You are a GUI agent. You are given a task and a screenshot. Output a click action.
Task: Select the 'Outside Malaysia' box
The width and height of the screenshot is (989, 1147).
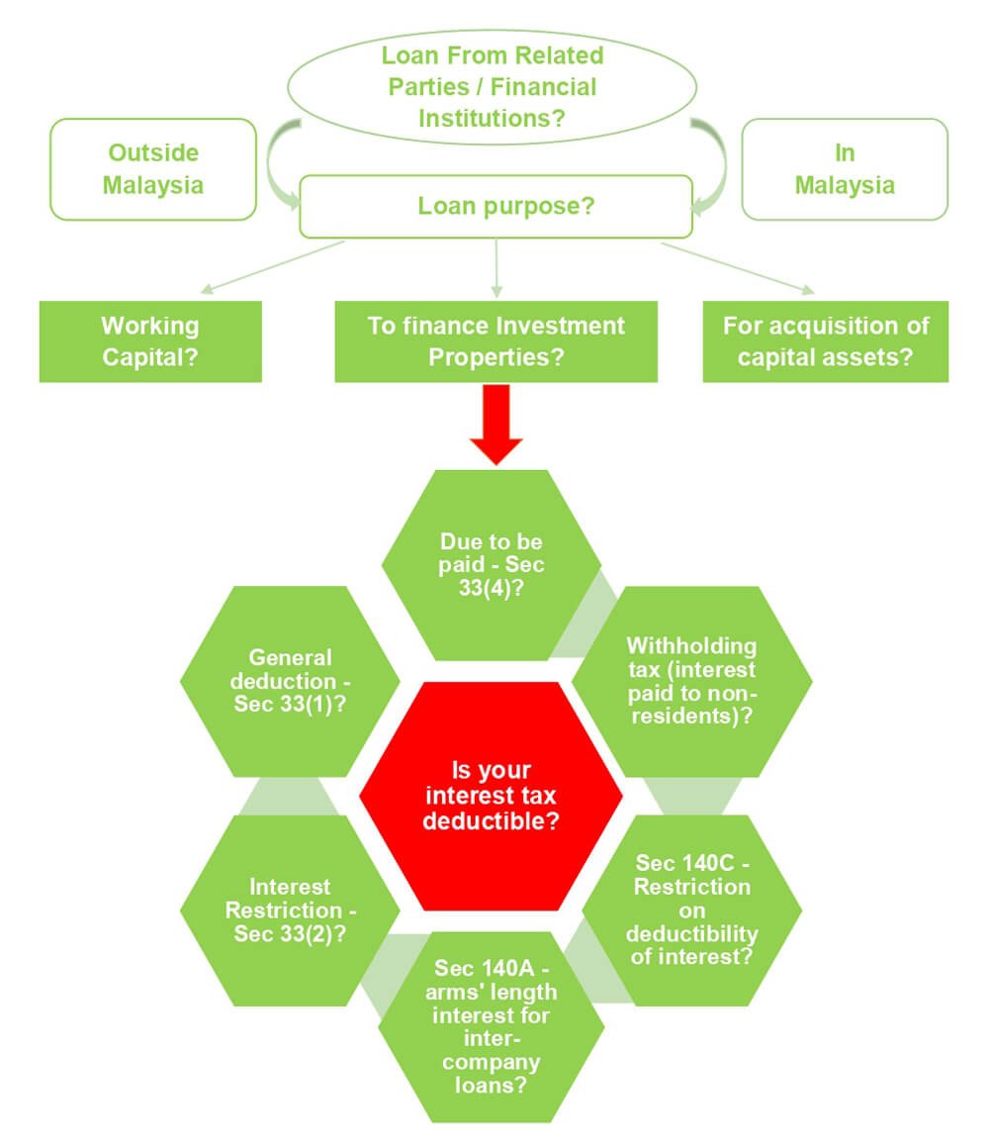point(153,169)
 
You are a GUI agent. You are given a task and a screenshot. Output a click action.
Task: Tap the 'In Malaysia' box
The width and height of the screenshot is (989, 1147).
point(844,169)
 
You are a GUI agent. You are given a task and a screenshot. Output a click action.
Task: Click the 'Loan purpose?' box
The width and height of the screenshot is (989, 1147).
point(494,207)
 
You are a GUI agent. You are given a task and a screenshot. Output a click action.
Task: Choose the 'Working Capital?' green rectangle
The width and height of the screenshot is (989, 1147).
point(150,340)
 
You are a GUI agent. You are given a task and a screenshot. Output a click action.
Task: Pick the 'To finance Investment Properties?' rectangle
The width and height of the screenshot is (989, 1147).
point(495,340)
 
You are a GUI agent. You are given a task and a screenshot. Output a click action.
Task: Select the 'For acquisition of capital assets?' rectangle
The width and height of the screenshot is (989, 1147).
point(825,340)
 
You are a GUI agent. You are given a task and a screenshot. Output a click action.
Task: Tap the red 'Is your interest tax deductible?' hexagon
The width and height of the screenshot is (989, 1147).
point(491,796)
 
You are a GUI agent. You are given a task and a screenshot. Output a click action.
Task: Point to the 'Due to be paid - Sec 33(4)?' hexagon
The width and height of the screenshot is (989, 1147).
point(492,564)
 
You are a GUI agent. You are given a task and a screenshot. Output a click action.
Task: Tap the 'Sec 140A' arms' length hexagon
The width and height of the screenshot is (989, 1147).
point(492,1025)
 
